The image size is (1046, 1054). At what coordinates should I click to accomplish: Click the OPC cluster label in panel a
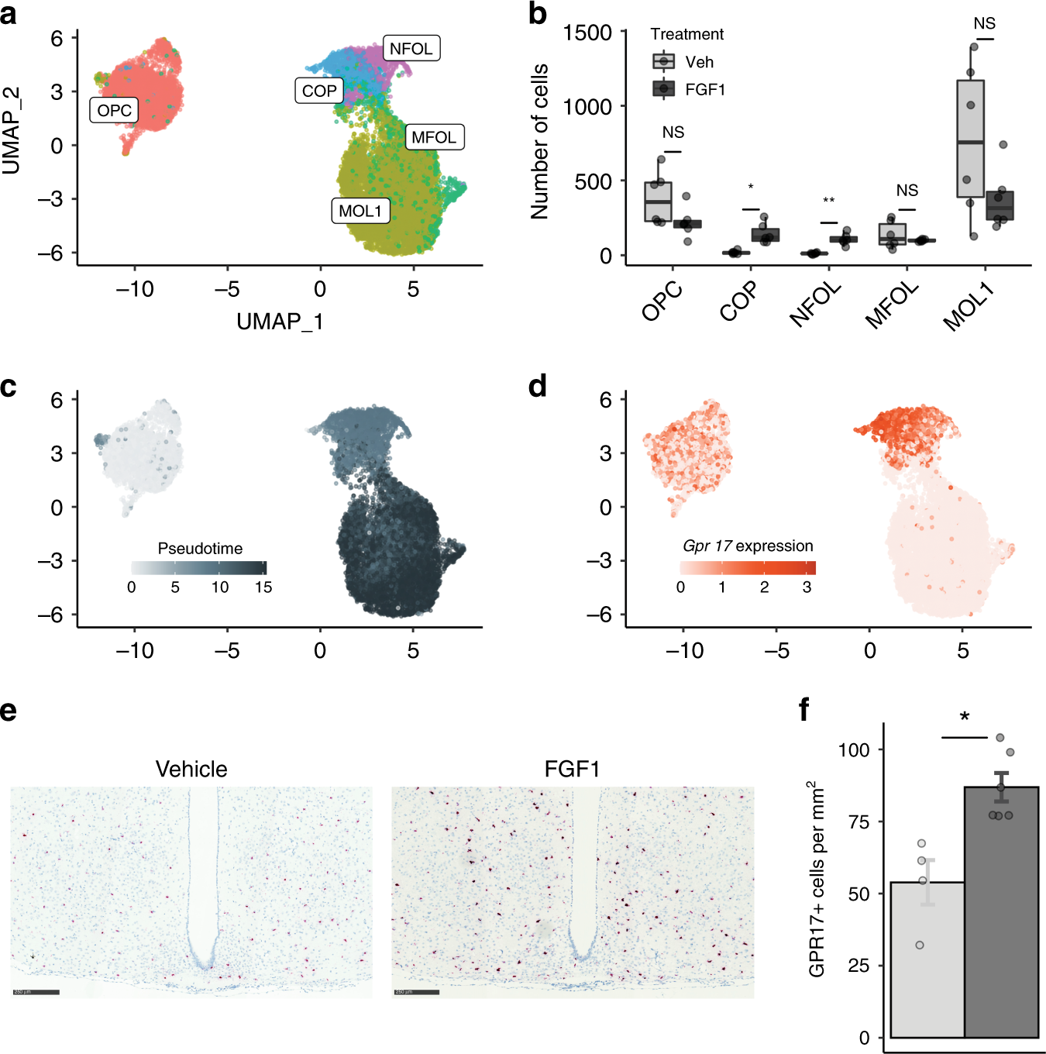coord(114,110)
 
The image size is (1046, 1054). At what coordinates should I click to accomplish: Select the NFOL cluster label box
coord(411,48)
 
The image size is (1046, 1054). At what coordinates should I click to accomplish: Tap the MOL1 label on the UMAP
coord(360,211)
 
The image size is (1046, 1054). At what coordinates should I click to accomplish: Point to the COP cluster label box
coord(319,91)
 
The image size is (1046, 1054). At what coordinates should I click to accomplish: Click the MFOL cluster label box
coord(434,137)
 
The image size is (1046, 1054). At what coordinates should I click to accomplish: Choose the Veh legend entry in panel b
coord(683,62)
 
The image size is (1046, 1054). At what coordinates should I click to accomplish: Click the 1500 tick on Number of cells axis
coord(587,33)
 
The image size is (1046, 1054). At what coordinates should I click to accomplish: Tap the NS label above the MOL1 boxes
coord(984,24)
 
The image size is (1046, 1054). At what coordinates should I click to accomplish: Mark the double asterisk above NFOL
coord(828,201)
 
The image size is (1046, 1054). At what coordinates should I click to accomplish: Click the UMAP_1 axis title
coord(280,321)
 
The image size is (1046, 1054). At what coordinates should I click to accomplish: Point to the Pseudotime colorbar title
coord(200,549)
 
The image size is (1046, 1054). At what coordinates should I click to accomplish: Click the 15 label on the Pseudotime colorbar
coord(263,587)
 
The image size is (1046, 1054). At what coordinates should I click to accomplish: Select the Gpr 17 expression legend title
coord(748,546)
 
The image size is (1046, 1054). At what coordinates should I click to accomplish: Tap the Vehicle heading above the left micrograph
coord(191,769)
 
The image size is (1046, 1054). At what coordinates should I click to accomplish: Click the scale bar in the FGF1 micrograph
coord(417,992)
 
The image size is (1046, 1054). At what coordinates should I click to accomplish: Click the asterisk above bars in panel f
coord(965,717)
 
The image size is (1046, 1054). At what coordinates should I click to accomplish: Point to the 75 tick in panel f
coord(858,821)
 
